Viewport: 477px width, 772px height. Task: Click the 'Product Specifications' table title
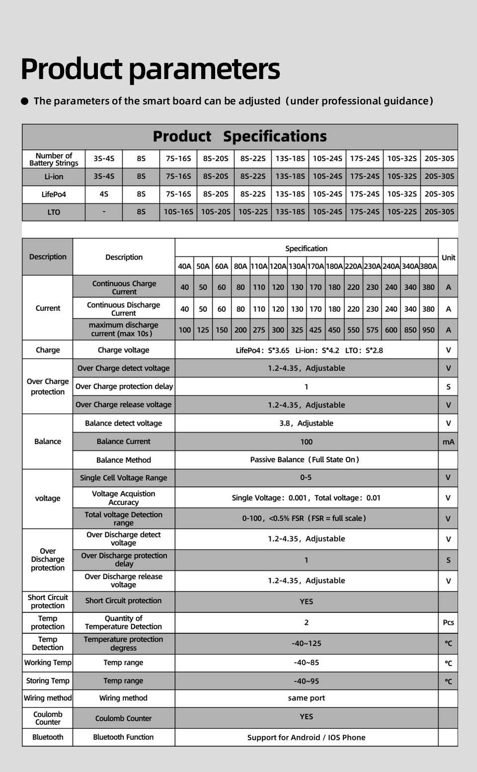239,136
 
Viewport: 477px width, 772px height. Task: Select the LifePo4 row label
54,194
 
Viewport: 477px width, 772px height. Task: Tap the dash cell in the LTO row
104,212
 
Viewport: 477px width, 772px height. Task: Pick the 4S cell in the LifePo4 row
104,194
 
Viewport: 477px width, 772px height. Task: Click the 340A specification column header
410,266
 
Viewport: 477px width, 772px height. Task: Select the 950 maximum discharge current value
428,330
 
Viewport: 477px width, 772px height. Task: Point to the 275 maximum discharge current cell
259,330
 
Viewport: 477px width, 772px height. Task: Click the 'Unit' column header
448,257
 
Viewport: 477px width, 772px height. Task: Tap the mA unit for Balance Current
448,441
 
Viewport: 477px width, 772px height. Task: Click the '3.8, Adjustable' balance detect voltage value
306,423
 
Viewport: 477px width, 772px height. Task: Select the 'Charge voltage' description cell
123,350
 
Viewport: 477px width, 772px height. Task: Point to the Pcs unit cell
448,622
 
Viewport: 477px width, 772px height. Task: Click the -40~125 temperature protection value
306,643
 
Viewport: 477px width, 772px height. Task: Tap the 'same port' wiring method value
306,698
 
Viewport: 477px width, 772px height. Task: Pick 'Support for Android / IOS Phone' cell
306,737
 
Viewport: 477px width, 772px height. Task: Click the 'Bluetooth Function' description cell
123,737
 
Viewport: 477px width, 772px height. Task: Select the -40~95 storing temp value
306,681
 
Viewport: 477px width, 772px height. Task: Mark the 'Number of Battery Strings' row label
54,159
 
